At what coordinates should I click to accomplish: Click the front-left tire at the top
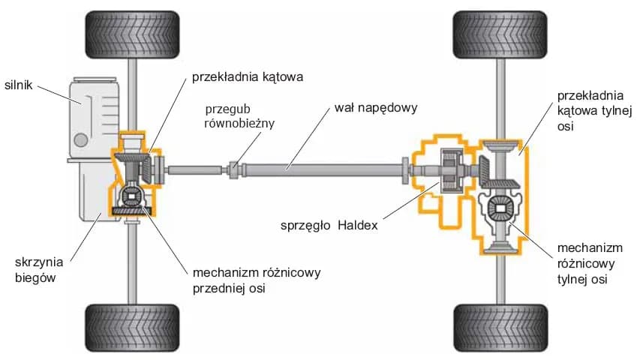132,34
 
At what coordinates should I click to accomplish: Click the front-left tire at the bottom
132,327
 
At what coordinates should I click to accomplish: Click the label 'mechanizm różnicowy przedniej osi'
255,278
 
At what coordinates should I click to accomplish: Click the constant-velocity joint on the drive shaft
235,169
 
